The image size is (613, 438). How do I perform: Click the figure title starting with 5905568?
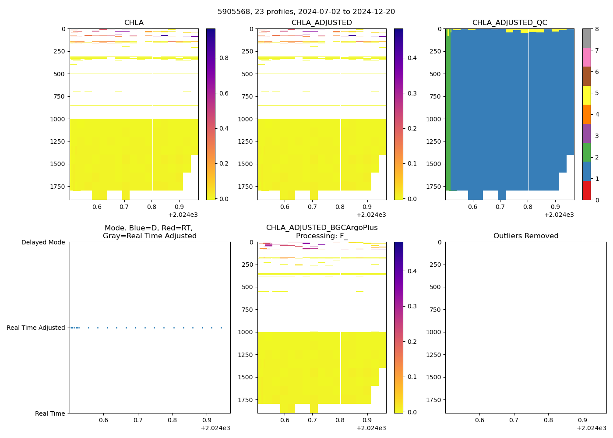click(x=306, y=11)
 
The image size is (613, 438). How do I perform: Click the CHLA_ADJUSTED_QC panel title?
click(x=510, y=22)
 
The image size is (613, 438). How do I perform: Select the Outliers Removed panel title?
click(x=525, y=236)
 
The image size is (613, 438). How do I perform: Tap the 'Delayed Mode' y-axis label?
click(x=43, y=242)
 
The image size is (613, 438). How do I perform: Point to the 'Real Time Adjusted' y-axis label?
click(x=36, y=328)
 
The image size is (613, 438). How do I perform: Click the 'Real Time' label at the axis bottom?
click(x=50, y=413)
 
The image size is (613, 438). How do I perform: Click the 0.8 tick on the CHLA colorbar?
click(x=224, y=58)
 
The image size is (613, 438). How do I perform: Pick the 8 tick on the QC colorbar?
click(x=596, y=29)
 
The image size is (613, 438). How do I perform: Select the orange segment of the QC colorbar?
click(x=587, y=114)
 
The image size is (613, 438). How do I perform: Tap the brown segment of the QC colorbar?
click(x=587, y=76)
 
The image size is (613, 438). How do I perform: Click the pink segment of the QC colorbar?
click(x=587, y=57)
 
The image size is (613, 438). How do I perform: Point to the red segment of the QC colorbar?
click(x=587, y=191)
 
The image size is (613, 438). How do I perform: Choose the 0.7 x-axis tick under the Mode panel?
click(x=138, y=420)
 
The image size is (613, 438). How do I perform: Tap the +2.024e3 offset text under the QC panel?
click(x=559, y=215)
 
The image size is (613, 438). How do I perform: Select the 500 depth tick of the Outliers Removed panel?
click(x=435, y=287)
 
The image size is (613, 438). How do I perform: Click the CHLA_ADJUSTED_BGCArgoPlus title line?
click(x=322, y=227)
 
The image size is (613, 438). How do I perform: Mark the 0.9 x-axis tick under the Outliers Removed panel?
click(x=583, y=420)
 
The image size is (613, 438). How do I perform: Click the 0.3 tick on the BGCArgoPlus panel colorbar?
click(x=412, y=306)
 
